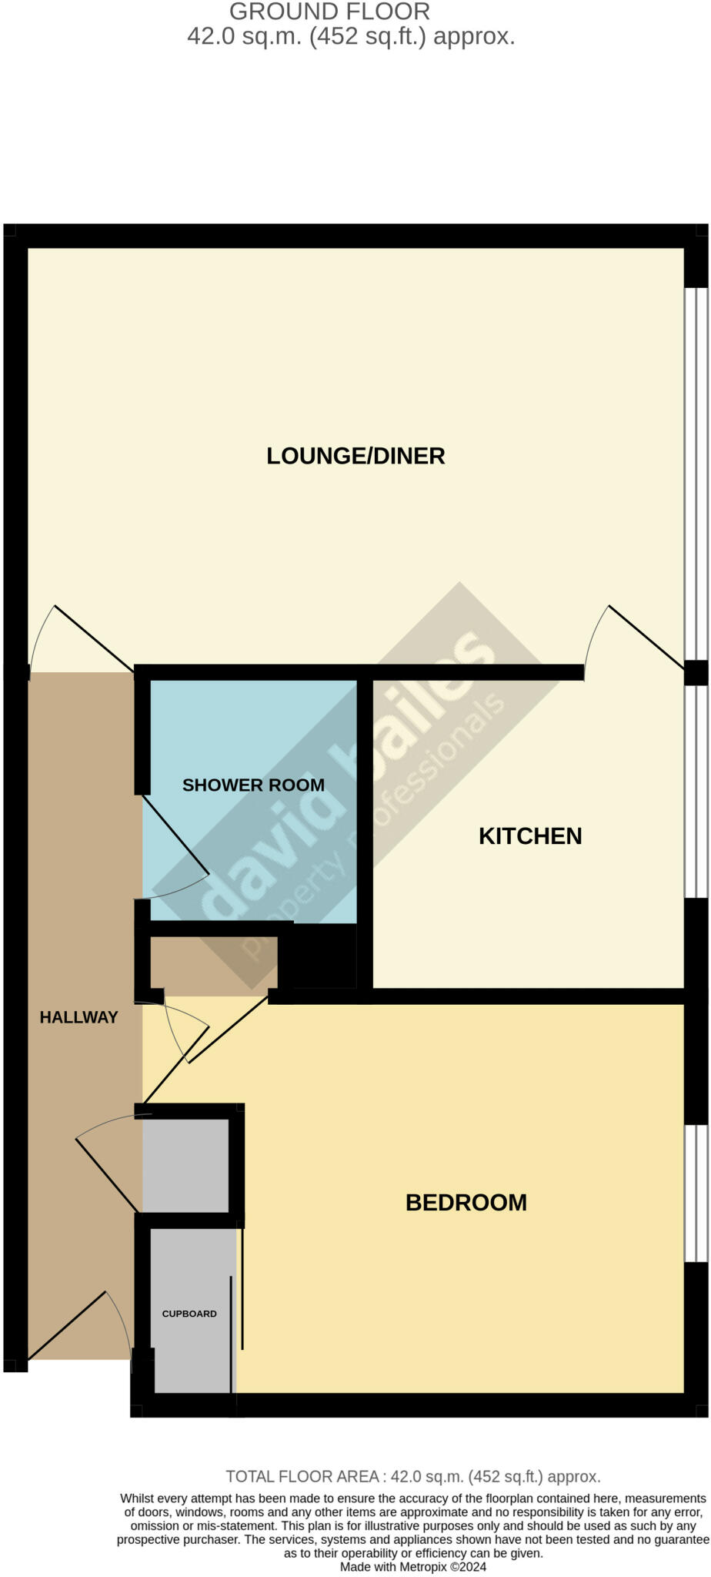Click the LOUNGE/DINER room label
pos(355,456)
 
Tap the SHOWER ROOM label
pos(253,785)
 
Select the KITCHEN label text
pos(530,836)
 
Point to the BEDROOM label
pos(466,1203)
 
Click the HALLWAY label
pos(78,1017)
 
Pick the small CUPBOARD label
pos(189,1314)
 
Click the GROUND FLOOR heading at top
pos(329,12)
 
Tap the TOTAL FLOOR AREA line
pos(412,1476)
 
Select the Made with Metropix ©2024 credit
pos(412,1566)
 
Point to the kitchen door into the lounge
pos(645,636)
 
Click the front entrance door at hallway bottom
pos(68,1324)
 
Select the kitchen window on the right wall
pos(696,791)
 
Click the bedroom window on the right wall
pos(696,1194)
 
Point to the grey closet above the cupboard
pos(185,1165)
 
